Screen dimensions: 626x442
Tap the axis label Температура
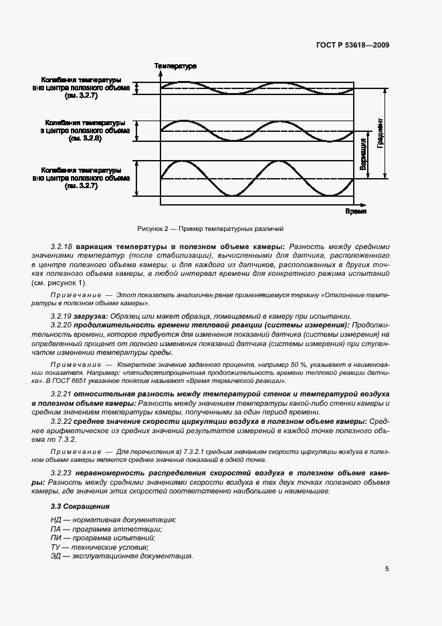click(x=175, y=66)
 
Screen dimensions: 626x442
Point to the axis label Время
click(x=356, y=211)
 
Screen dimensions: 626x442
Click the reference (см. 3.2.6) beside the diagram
click(x=84, y=139)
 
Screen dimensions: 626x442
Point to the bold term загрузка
click(x=99, y=316)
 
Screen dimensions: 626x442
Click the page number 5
click(x=387, y=569)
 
